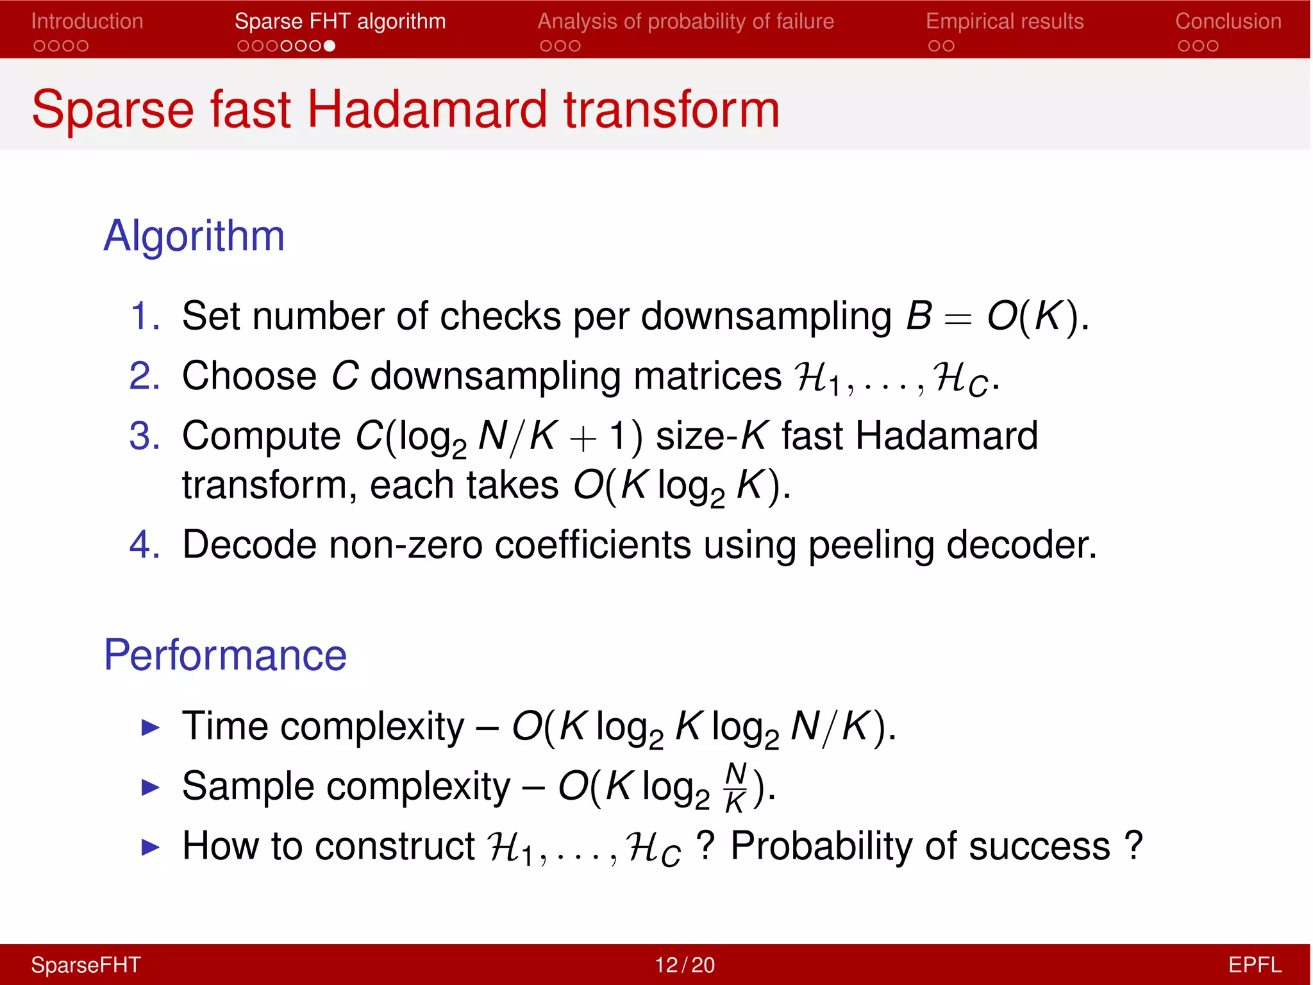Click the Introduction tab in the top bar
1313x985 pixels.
click(87, 21)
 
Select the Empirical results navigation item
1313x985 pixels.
click(1004, 21)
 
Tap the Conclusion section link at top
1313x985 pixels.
click(1228, 21)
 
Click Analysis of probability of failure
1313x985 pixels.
click(685, 21)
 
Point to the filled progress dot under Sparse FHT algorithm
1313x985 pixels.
click(330, 46)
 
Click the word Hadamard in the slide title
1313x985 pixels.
click(428, 109)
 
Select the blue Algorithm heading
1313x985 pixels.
click(194, 235)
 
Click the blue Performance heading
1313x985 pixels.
click(225, 655)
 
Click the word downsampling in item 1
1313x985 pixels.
click(766, 317)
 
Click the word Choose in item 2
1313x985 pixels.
click(249, 376)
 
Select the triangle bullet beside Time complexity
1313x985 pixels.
click(150, 727)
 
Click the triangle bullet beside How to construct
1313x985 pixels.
click(150, 847)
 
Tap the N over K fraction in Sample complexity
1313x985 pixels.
click(735, 787)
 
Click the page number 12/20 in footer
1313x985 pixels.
click(684, 964)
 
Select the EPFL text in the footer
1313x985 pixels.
click(1254, 964)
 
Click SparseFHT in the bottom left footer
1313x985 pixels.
click(86, 964)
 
